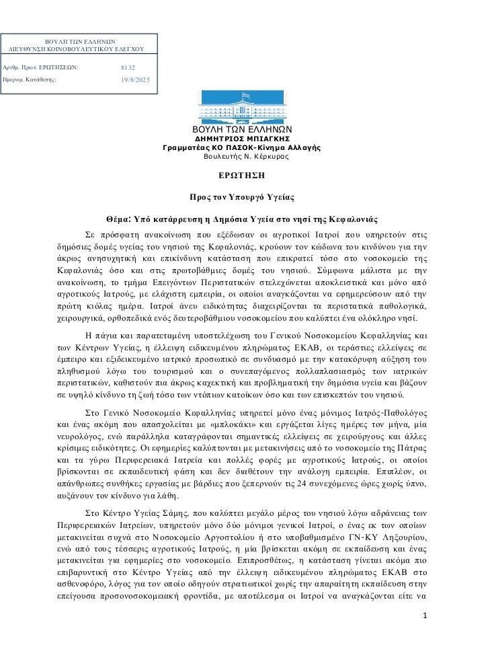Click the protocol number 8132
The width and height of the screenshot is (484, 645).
128,68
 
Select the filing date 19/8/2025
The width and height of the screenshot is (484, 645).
135,80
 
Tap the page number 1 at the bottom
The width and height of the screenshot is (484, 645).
425,615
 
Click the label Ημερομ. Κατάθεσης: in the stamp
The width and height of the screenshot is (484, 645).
30,80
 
